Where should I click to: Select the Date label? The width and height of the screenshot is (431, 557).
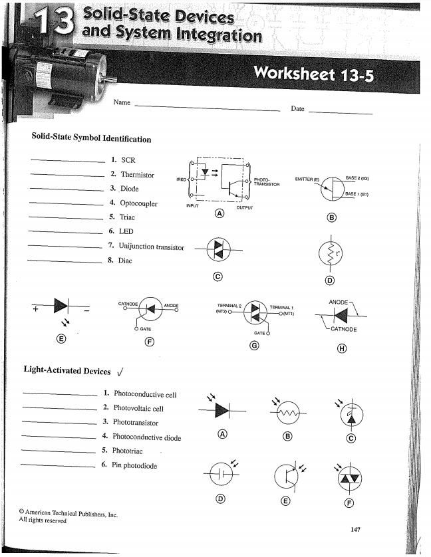coord(297,108)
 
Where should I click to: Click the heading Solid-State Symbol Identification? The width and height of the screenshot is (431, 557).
coord(91,139)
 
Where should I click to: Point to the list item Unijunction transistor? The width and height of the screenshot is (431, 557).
coord(152,247)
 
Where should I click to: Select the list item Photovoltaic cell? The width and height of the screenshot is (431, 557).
coord(138,408)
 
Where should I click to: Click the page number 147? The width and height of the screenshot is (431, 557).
coord(358,529)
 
